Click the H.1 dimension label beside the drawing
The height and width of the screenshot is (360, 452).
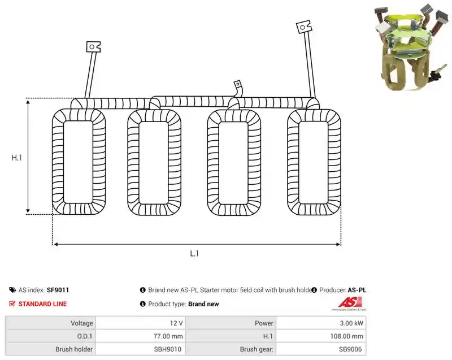point(16,158)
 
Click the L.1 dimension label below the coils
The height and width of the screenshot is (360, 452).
point(194,253)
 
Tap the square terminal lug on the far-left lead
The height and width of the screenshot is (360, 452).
point(93,47)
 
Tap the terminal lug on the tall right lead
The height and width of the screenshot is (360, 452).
point(304,27)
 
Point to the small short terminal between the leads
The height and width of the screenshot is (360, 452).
point(238,84)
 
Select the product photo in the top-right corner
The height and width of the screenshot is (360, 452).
point(410,47)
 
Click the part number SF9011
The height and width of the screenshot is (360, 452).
point(58,290)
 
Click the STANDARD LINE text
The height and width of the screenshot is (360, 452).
point(43,304)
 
